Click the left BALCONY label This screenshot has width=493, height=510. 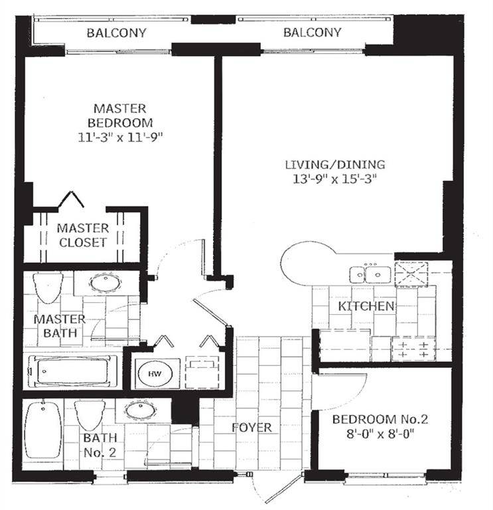pos(117,33)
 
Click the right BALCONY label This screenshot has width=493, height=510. pos(312,33)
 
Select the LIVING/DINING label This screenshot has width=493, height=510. pos(335,165)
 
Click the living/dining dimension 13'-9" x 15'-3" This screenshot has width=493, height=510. pos(335,180)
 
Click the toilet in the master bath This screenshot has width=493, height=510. pos(48,287)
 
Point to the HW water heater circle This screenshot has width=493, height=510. pos(155,374)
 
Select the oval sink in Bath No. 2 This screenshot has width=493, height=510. pos(139,410)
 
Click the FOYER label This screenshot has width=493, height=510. pos(252,428)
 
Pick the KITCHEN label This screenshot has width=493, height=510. pos(366,306)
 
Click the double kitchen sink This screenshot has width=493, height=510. pos(370,273)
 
